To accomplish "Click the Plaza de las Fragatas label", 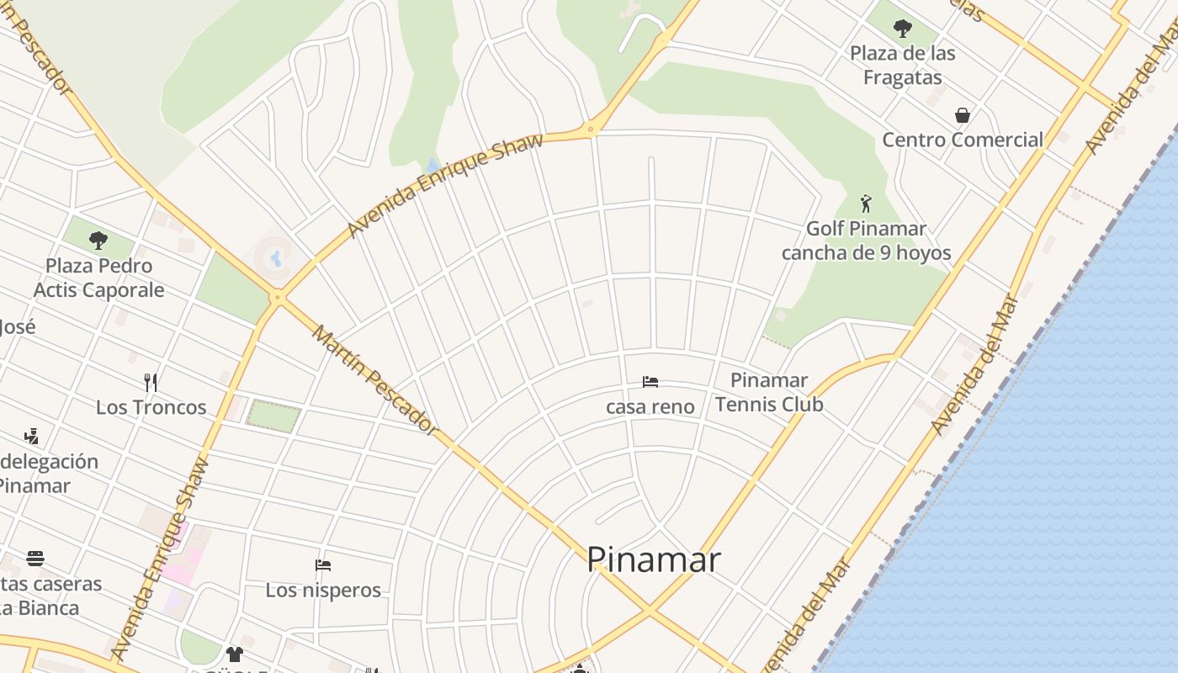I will pos(902,66).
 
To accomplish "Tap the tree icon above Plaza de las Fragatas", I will pos(903,29).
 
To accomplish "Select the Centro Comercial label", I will pos(963,140).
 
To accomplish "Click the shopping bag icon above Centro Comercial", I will pos(962,115).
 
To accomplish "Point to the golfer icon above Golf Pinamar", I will pos(866,204).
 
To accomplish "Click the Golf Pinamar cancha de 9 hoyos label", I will pos(866,241).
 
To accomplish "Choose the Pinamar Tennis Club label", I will pos(769,392).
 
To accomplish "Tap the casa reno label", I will pos(650,407).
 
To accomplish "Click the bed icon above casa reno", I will pos(650,382).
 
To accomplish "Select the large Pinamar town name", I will pos(653,560).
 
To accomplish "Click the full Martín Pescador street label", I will pos(375,380).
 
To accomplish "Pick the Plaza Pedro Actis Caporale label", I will pos(99,278).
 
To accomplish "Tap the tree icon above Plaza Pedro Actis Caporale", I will pos(98,241).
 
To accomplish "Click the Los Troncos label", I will pos(151,407).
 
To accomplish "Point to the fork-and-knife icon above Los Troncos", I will pos(151,383).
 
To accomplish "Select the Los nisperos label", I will pos(323,591).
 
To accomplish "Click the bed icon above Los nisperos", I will pos(322,564).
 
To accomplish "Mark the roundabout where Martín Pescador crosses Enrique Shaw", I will pos(278,296).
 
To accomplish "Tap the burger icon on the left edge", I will pos(35,559).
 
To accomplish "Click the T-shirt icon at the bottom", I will pos(234,654).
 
